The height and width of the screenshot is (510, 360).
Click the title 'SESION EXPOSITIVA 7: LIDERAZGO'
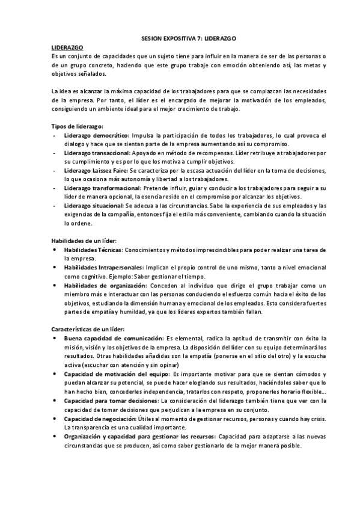coord(180,37)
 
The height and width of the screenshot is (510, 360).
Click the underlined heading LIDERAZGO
coord(67,46)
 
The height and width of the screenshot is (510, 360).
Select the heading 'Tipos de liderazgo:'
coord(78,126)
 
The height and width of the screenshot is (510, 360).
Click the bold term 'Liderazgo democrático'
coord(96,136)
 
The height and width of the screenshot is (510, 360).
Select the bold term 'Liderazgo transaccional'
coord(99,153)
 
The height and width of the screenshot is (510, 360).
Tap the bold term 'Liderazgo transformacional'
coord(103,188)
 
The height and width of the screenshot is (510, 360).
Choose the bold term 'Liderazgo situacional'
coord(95,206)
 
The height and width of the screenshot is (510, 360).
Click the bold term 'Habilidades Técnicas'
coord(93,250)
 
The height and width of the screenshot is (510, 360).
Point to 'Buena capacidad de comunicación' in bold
coord(114,339)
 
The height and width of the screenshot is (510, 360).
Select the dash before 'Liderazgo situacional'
coord(55,206)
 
